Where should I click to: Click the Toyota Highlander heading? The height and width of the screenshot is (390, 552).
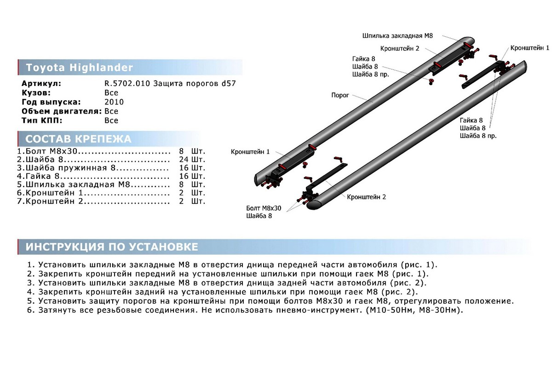pos(79,68)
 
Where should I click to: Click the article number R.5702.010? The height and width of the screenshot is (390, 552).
pos(127,84)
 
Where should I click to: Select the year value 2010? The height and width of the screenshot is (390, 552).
pos(114,102)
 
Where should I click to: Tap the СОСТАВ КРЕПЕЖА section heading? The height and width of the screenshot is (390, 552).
pos(78,139)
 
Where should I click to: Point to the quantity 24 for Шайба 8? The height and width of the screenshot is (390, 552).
pos(184,160)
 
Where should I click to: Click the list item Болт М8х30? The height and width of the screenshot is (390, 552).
pos(51,151)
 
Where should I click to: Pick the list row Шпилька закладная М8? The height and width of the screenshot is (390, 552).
pos(78,184)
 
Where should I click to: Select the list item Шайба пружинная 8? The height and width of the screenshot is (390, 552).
pos(70,168)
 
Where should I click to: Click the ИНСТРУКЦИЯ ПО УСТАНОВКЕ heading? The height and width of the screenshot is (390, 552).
pos(112,247)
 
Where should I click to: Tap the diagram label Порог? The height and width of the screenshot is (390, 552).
pos(340,95)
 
